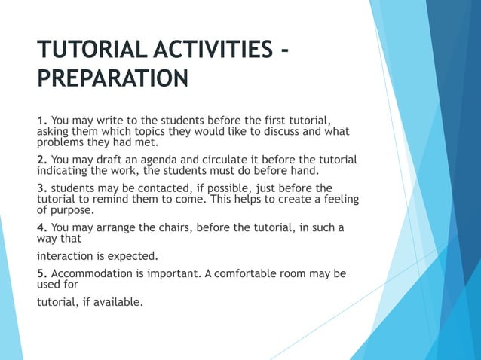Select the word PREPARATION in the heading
[x=112, y=79]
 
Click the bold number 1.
[x=42, y=121]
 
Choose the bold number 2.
[x=42, y=159]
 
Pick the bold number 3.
[x=42, y=188]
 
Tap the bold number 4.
[x=42, y=227]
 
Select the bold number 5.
[x=42, y=274]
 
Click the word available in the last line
[x=118, y=303]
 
